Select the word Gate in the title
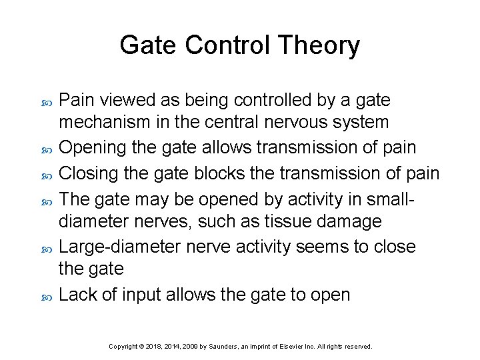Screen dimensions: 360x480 point(147,45)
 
